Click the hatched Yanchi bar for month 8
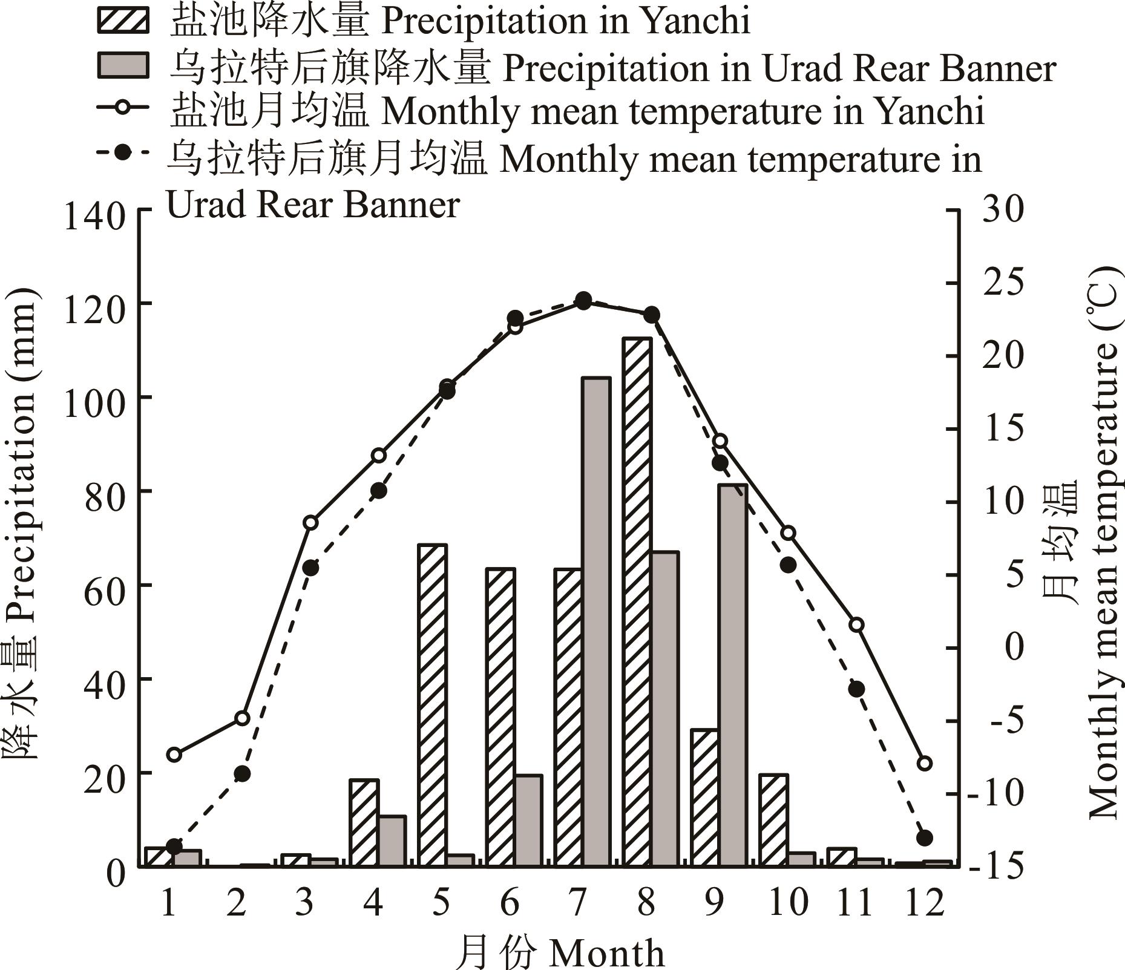click(x=637, y=602)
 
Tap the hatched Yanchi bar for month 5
click(x=432, y=706)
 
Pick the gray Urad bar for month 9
click(x=733, y=675)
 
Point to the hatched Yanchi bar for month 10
click(x=774, y=821)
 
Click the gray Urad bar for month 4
click(x=392, y=841)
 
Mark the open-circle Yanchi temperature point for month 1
click(x=174, y=755)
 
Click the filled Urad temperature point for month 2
click(x=242, y=773)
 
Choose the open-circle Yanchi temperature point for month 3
click(x=310, y=522)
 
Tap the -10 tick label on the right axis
click(x=995, y=794)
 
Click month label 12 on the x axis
click(x=924, y=903)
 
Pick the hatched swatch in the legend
click(x=122, y=22)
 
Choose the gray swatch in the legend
click(x=122, y=66)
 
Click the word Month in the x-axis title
click(x=607, y=954)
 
